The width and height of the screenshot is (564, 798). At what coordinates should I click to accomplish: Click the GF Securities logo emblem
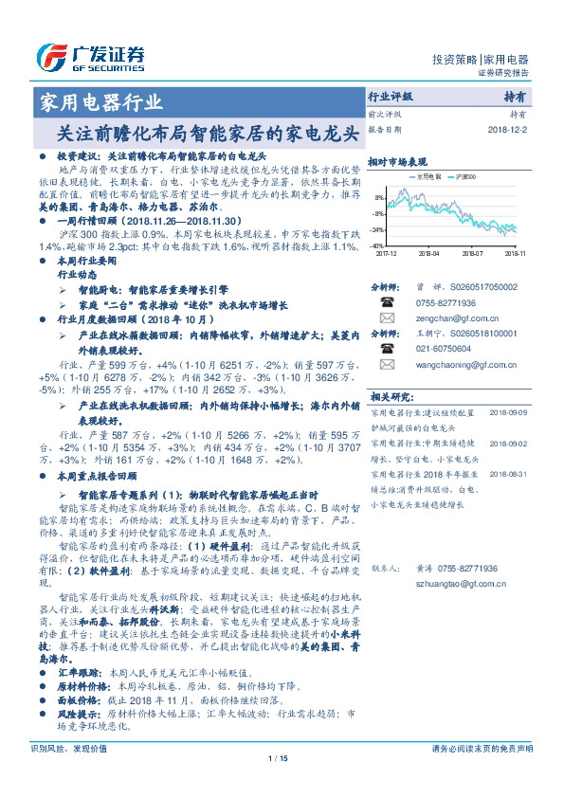50,58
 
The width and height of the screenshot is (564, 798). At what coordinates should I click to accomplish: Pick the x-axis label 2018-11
515,254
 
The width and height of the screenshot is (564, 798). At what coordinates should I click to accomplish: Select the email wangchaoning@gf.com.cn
451,363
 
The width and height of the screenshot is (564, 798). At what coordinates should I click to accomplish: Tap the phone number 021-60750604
432,348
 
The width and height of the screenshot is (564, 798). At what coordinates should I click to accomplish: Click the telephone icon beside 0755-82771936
386,303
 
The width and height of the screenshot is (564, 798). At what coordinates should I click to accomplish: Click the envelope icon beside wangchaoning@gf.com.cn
386,363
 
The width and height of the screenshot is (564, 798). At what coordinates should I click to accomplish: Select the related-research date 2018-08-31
510,473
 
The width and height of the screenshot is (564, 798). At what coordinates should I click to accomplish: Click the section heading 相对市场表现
396,162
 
